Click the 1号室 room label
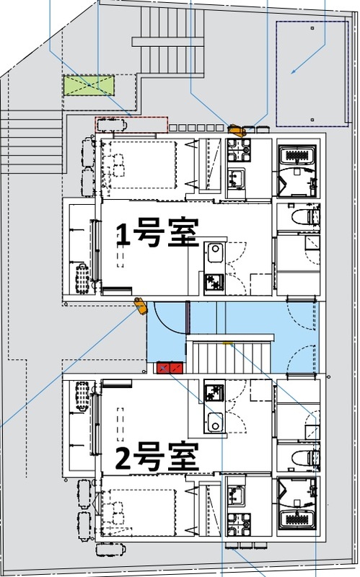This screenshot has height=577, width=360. tap(157, 235)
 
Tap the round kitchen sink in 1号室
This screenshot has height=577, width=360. tap(214, 251)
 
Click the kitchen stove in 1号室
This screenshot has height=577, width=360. tap(214, 281)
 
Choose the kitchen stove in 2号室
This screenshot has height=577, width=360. tap(214, 392)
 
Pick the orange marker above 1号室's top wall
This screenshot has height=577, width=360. tap(235, 131)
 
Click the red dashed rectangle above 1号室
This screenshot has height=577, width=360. tap(131, 124)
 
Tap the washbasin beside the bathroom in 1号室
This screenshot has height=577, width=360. tap(237, 177)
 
